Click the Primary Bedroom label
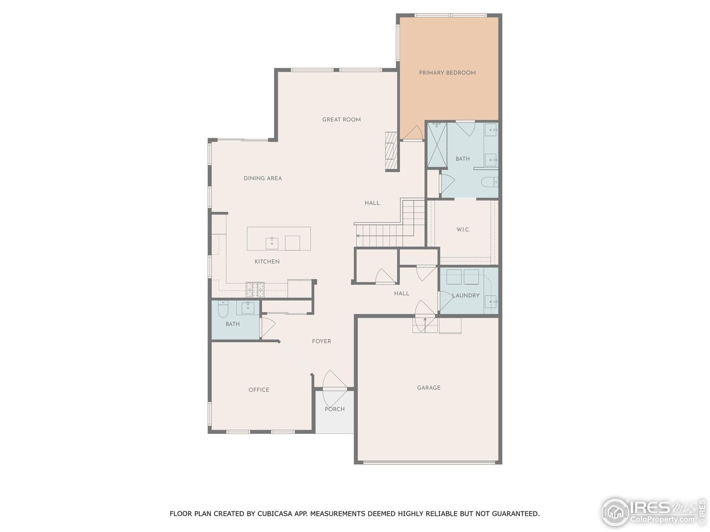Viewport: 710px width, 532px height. pyautogui.click(x=447, y=73)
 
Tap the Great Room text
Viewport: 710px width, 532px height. pyautogui.click(x=342, y=120)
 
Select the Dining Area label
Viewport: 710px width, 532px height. pyautogui.click(x=263, y=178)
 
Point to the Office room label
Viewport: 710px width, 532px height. pyautogui.click(x=259, y=390)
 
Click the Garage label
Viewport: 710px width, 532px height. pyautogui.click(x=429, y=388)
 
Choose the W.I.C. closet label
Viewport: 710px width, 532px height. pyautogui.click(x=463, y=229)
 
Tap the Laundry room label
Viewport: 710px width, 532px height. pyautogui.click(x=466, y=295)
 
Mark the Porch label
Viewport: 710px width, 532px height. pyautogui.click(x=334, y=409)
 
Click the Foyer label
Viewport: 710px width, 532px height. pyautogui.click(x=321, y=341)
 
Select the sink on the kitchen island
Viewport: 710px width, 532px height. pyautogui.click(x=272, y=242)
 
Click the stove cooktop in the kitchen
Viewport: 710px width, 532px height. pyautogui.click(x=255, y=288)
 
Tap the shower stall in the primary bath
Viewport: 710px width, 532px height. pyautogui.click(x=437, y=145)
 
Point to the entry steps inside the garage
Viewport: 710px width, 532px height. pyautogui.click(x=424, y=325)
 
